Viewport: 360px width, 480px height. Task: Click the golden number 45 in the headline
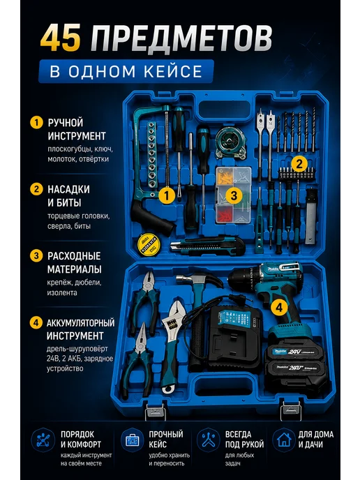click(x=60, y=38)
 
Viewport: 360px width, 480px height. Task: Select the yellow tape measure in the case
click(x=149, y=243)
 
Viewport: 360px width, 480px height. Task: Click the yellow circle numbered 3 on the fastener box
click(x=234, y=195)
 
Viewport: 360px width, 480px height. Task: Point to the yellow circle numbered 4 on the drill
click(x=279, y=307)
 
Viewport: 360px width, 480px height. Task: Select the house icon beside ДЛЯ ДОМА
click(x=284, y=440)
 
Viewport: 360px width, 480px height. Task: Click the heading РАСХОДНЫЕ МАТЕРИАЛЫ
click(x=74, y=262)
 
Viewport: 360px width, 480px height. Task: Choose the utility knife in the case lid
click(x=208, y=246)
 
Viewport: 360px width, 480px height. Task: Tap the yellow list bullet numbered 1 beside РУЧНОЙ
click(x=36, y=123)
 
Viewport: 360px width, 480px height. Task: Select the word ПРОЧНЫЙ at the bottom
click(x=166, y=435)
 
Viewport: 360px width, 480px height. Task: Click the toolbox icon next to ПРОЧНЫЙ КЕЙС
click(x=132, y=440)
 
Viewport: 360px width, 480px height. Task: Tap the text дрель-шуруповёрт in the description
click(x=77, y=349)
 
